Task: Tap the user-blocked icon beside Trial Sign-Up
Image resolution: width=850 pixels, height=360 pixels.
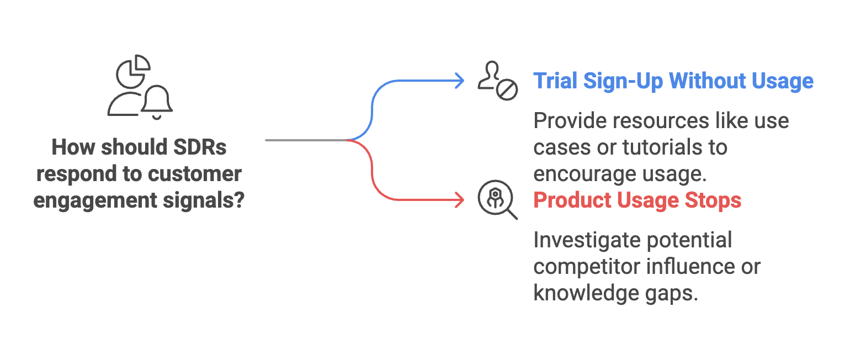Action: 497,81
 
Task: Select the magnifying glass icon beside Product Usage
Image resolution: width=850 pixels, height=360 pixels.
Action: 497,200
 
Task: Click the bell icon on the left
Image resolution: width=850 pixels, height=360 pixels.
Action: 157,101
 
